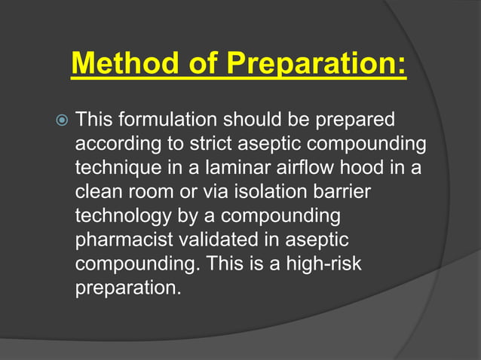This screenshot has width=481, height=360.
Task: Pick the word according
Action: (119, 143)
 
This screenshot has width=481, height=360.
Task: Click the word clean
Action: (99, 191)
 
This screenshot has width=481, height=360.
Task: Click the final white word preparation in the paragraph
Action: (128, 288)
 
